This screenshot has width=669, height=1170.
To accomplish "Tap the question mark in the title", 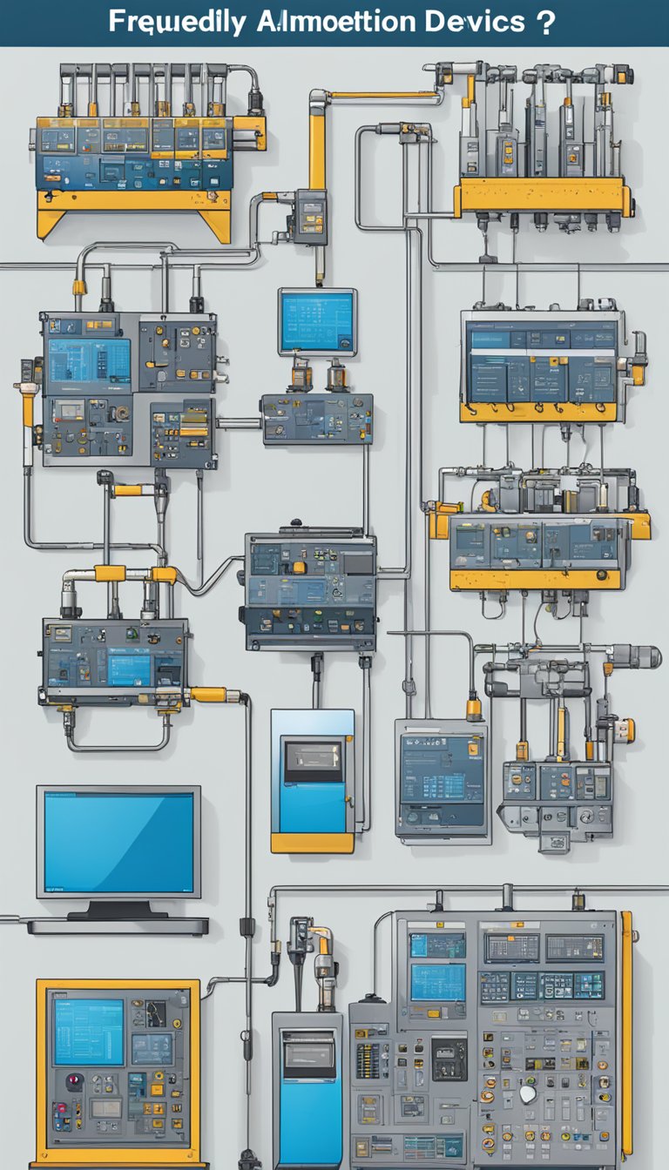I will [545, 22].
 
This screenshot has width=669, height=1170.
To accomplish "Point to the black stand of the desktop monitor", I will [117, 909].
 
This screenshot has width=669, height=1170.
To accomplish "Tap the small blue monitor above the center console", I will [318, 321].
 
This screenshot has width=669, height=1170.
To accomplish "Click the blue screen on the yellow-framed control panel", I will [89, 1032].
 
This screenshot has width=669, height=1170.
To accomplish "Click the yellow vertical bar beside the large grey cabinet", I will [626, 1036].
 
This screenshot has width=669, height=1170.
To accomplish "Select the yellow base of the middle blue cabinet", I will [312, 843].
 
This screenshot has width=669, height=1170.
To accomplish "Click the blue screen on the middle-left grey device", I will [130, 669].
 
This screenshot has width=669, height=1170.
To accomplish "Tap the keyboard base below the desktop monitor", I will [118, 926].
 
